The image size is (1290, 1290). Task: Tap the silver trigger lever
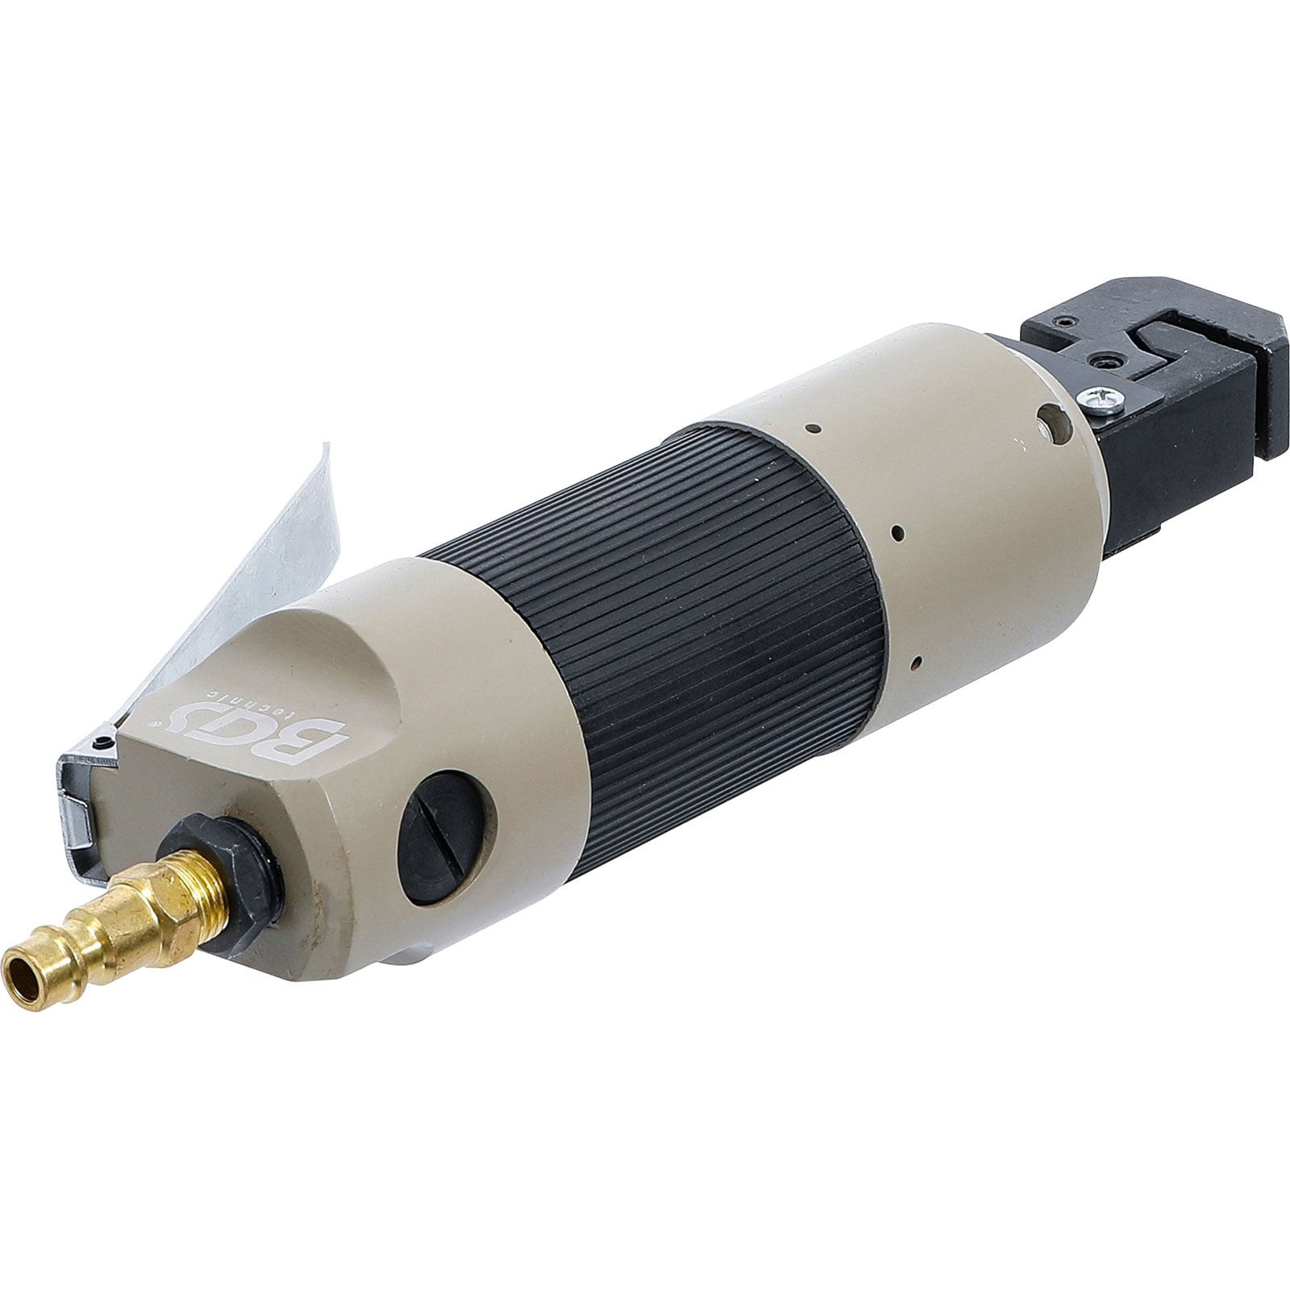pos(242,564)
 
